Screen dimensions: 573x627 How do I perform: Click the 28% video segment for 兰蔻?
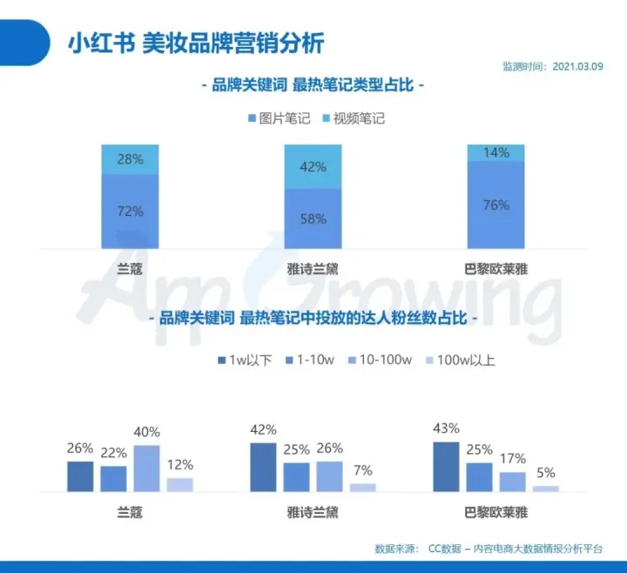click(130, 159)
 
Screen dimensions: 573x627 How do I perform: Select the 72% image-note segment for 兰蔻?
click(130, 210)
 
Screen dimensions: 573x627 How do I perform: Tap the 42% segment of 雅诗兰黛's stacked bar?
click(313, 166)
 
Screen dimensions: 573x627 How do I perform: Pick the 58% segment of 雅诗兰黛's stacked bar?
click(313, 218)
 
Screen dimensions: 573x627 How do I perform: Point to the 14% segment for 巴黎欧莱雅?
click(496, 153)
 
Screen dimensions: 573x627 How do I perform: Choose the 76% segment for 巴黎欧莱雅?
click(496, 206)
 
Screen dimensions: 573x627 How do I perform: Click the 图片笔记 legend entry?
click(275, 118)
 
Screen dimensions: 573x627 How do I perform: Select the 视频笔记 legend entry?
click(352, 118)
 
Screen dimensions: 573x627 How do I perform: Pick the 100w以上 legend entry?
click(459, 359)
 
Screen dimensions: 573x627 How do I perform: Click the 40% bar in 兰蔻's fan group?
click(147, 469)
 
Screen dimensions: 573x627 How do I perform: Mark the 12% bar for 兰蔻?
click(179, 485)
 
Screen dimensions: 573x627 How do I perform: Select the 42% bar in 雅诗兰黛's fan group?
click(263, 467)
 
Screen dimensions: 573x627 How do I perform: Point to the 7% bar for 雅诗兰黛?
click(363, 488)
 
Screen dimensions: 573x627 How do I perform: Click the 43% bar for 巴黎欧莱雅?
click(446, 467)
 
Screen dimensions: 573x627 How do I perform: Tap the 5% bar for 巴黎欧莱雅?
click(546, 489)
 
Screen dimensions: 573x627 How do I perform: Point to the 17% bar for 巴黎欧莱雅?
click(513, 482)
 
